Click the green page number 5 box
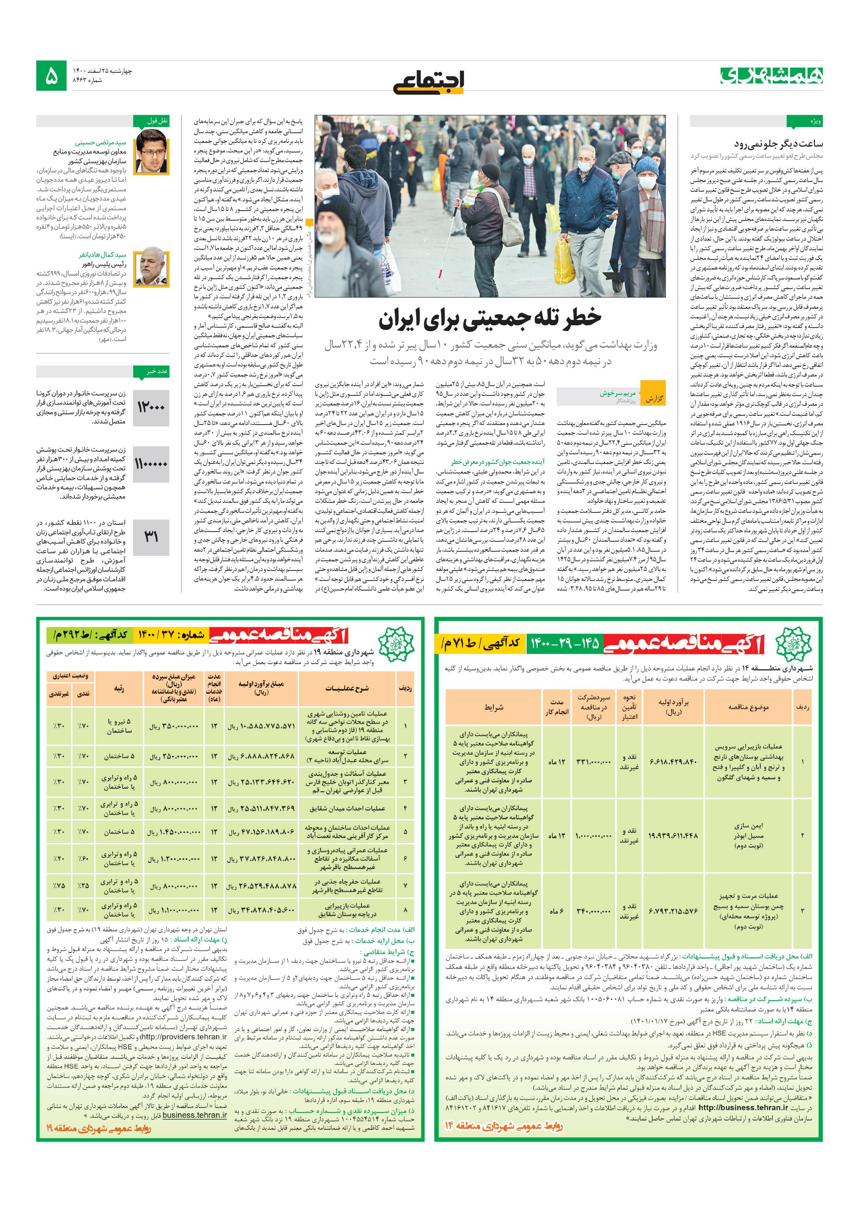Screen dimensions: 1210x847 coord(51,76)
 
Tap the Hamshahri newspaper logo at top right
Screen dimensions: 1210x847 coord(771,75)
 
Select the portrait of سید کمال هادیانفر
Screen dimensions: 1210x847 coord(152,268)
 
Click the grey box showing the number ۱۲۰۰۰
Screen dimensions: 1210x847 coord(151,407)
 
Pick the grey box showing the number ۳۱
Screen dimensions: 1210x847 coord(151,537)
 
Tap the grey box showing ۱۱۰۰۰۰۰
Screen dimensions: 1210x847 coord(151,464)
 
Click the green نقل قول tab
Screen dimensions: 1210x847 coord(151,120)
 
